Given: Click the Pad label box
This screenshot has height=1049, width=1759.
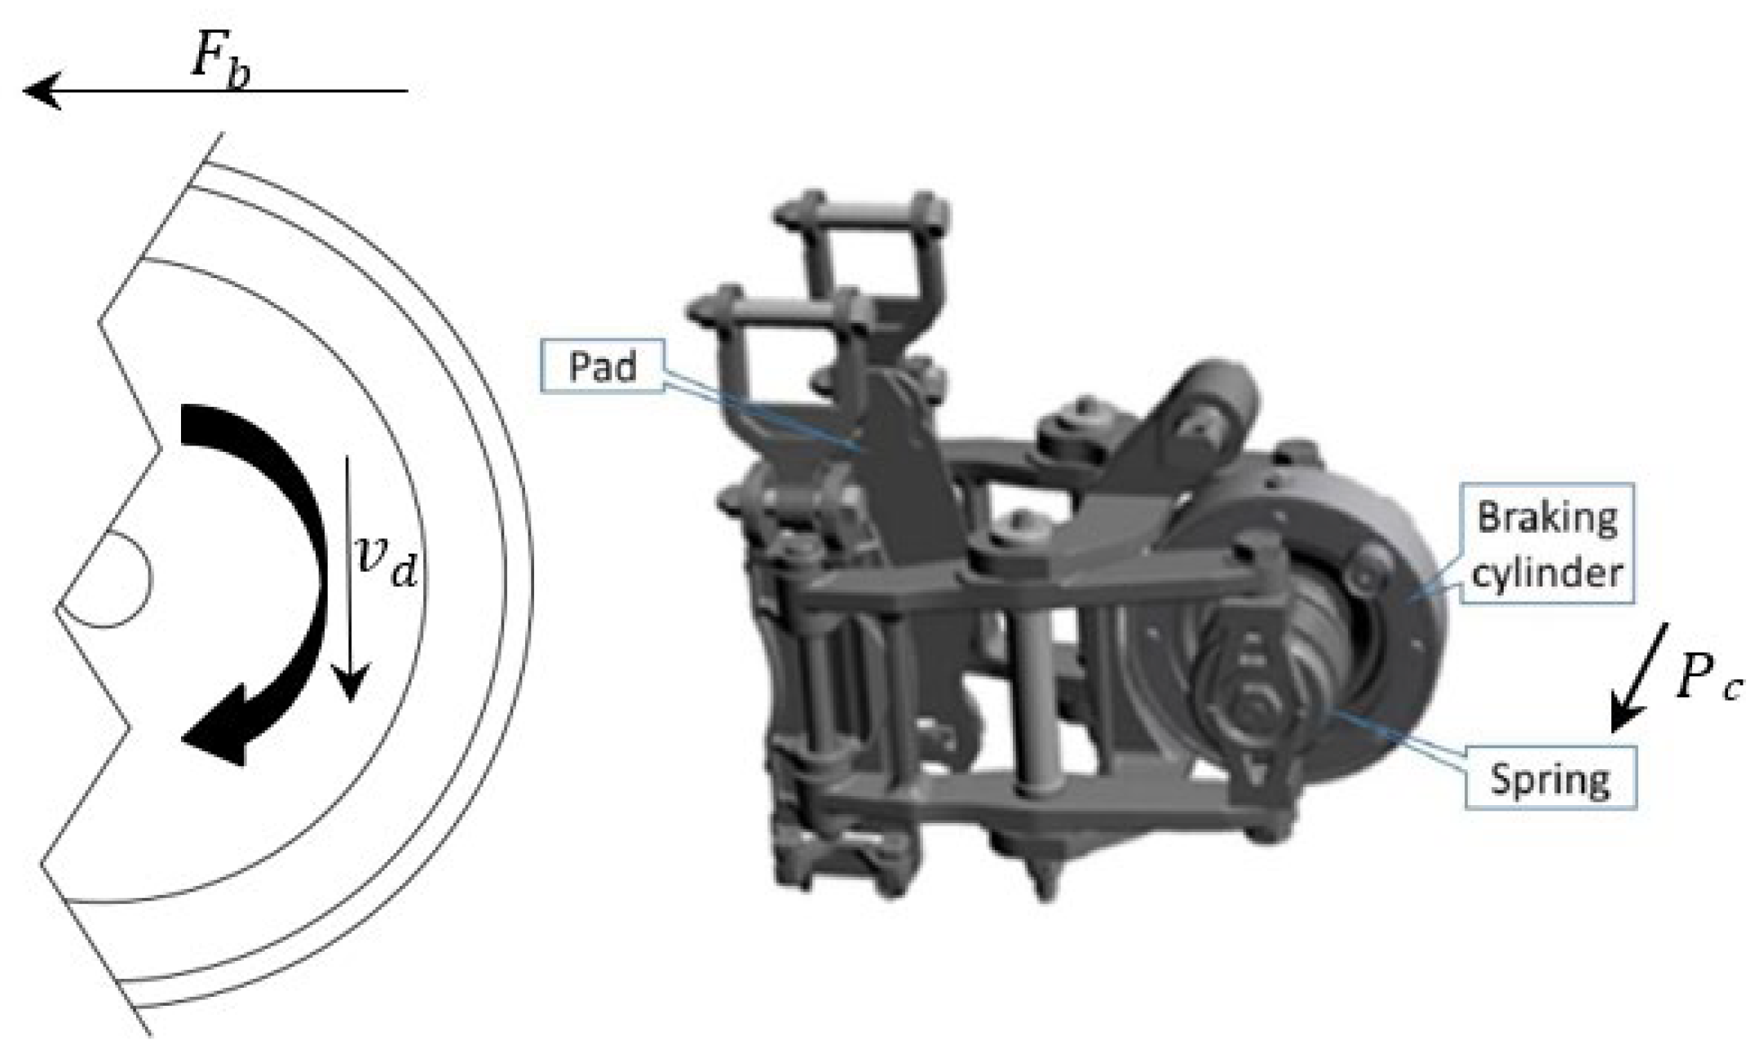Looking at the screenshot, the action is (x=602, y=365).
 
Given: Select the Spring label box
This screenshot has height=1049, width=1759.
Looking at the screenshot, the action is (x=1550, y=777).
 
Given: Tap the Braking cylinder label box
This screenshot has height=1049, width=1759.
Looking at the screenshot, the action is (x=1547, y=543).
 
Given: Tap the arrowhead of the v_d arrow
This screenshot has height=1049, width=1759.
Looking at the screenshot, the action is (x=350, y=684).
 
